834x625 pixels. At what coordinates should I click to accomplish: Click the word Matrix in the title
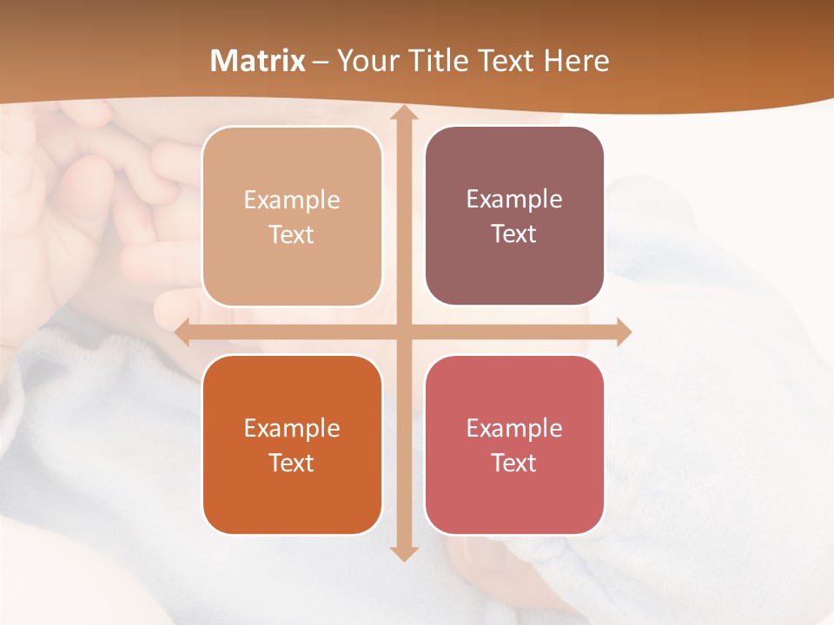tap(258, 61)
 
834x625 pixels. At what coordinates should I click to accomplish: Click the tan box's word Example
tap(292, 200)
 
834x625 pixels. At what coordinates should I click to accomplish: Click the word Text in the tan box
tap(292, 234)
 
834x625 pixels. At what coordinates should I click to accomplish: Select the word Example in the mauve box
tap(514, 199)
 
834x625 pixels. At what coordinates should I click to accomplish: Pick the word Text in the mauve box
tap(514, 234)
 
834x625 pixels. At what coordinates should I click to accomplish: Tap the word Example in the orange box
tap(292, 428)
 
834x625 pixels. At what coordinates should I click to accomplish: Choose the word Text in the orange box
tap(292, 463)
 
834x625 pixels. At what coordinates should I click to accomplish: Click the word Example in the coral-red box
tap(514, 428)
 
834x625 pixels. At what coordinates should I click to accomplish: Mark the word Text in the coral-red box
tap(514, 463)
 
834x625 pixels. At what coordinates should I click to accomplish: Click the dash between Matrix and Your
tap(321, 62)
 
